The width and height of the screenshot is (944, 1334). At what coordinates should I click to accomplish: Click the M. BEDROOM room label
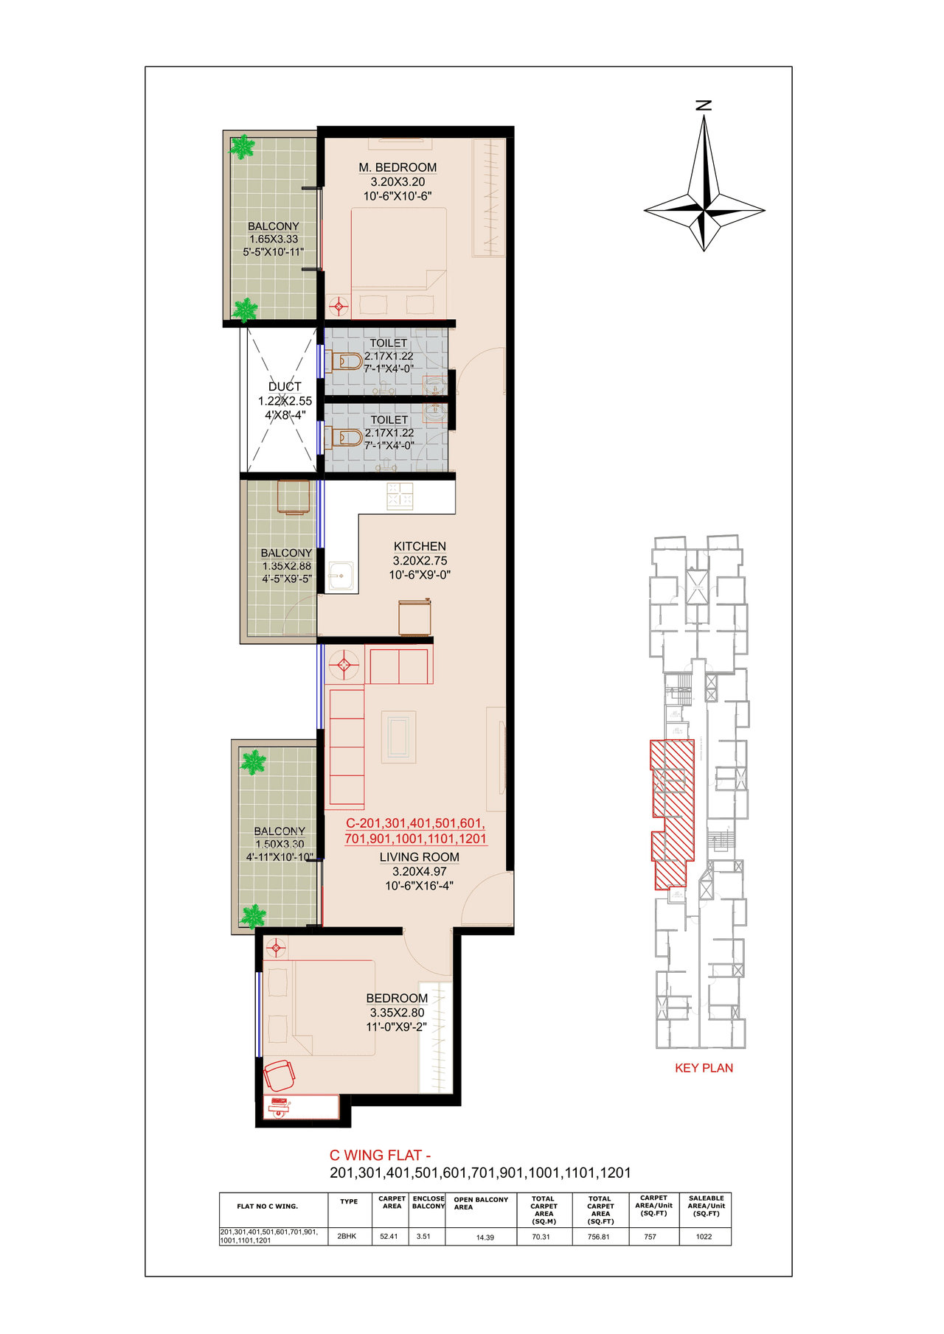398,168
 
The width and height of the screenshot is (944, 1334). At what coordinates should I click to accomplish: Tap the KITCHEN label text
420,546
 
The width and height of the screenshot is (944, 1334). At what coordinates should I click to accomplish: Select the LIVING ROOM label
419,857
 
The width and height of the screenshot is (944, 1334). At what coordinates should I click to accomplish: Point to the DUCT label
285,386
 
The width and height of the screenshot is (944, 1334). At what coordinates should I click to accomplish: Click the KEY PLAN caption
704,1068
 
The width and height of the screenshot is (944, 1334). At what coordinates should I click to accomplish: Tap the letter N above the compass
704,105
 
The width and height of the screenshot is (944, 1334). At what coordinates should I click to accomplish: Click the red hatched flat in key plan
672,811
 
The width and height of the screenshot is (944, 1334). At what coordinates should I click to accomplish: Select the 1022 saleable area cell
704,1237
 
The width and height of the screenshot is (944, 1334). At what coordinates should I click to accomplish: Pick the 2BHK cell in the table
347,1236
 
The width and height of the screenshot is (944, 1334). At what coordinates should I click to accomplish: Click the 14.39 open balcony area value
485,1237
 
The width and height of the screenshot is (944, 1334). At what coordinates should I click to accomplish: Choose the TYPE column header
349,1201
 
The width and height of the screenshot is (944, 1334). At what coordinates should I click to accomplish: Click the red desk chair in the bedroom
280,1075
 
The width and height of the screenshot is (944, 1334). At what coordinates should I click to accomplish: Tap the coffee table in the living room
398,737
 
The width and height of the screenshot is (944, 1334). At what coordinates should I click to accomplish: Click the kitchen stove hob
400,496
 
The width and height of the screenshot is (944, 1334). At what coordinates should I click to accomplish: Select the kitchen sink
341,575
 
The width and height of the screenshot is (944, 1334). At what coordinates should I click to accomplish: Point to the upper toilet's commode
347,361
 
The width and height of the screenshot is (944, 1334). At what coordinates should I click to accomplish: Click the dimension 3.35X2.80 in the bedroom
397,1013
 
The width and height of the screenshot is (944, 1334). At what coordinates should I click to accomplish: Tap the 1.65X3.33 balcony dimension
274,239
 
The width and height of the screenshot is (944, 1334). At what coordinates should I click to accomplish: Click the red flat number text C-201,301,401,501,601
415,823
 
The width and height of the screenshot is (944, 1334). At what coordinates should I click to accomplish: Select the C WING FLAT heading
380,1156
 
